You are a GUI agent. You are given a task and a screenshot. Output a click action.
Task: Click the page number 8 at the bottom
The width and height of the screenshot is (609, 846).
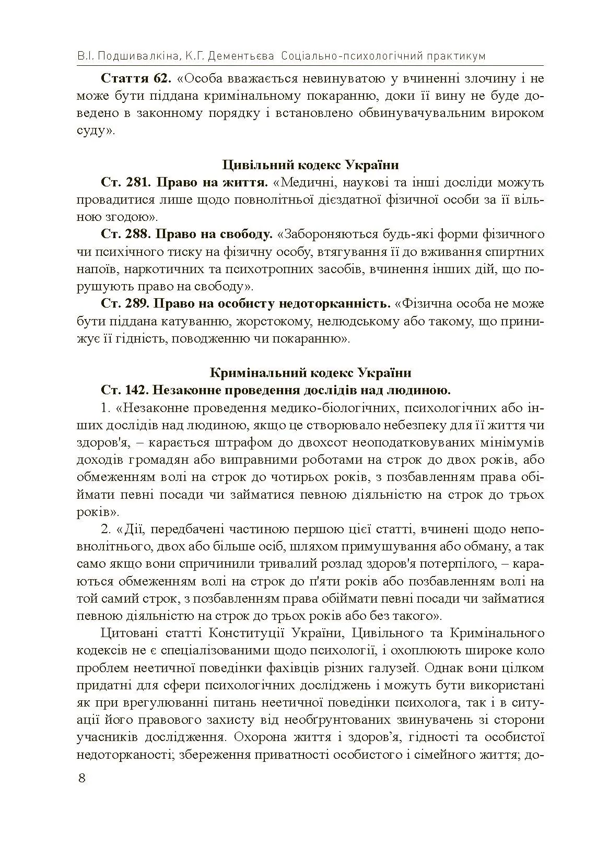81,778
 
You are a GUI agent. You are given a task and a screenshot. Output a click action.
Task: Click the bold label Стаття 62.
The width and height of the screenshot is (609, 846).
135,79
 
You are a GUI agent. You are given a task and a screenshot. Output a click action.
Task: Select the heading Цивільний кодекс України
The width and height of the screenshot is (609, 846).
310,165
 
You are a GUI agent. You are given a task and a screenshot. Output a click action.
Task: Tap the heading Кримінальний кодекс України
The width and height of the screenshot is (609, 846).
310,373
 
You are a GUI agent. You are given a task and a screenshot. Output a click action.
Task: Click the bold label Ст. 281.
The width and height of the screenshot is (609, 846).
125,182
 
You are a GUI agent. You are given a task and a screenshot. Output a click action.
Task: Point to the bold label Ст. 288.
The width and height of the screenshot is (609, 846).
125,234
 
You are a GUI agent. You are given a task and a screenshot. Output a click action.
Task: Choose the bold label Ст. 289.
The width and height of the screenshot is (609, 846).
125,303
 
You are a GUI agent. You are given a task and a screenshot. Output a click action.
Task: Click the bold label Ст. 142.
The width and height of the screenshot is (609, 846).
125,390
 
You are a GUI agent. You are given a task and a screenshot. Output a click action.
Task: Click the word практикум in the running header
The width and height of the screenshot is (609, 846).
454,56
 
